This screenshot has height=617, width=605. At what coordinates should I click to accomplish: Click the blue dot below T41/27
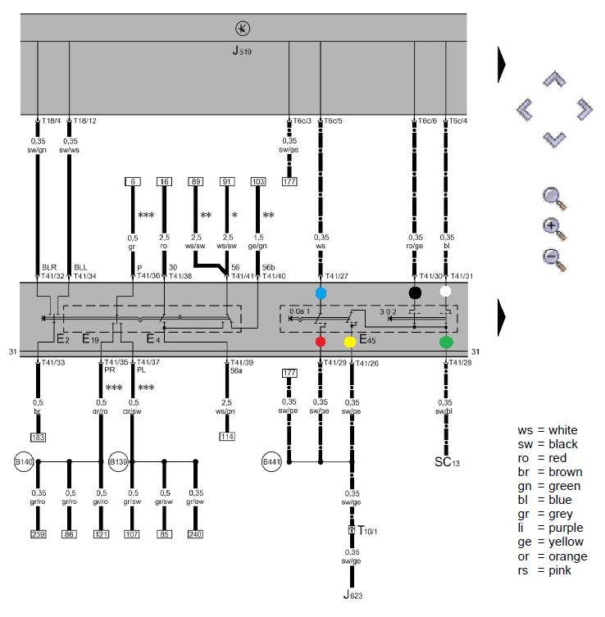(x=321, y=293)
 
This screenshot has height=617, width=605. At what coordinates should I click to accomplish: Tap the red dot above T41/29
(x=321, y=341)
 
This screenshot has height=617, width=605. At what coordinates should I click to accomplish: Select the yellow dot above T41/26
(x=350, y=341)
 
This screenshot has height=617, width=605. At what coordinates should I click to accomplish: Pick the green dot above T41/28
(x=446, y=342)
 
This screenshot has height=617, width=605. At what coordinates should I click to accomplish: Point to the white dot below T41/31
(x=445, y=292)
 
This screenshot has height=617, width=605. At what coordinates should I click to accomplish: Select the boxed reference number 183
(x=38, y=437)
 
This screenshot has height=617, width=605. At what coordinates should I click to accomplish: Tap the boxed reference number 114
(x=227, y=437)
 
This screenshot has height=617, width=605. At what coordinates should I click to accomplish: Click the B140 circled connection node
(x=24, y=462)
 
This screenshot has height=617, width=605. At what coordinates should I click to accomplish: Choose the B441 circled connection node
(x=273, y=462)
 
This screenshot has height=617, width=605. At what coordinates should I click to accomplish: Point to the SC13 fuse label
(x=447, y=462)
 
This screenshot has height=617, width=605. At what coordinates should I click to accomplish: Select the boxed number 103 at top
(x=258, y=181)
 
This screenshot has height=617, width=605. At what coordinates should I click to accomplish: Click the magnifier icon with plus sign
(x=555, y=227)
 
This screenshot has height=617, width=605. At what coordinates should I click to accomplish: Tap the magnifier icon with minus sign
(x=555, y=257)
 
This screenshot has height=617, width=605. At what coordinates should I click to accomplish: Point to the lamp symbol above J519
(x=243, y=29)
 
